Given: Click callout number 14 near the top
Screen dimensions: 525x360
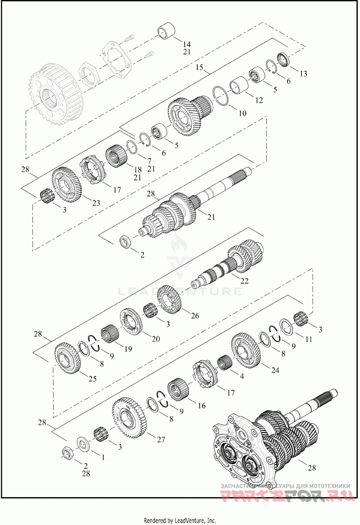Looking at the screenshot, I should (187, 44).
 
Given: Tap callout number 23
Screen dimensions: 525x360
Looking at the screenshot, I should (96, 203).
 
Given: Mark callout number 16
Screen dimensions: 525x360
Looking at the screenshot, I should (201, 406).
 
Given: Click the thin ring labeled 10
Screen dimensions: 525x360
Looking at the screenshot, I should (220, 95).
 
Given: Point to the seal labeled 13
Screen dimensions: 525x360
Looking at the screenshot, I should (285, 59).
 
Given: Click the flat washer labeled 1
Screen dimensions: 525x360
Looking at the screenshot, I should (83, 444).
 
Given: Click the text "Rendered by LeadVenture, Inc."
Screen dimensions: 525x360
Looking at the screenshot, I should (180, 520).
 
